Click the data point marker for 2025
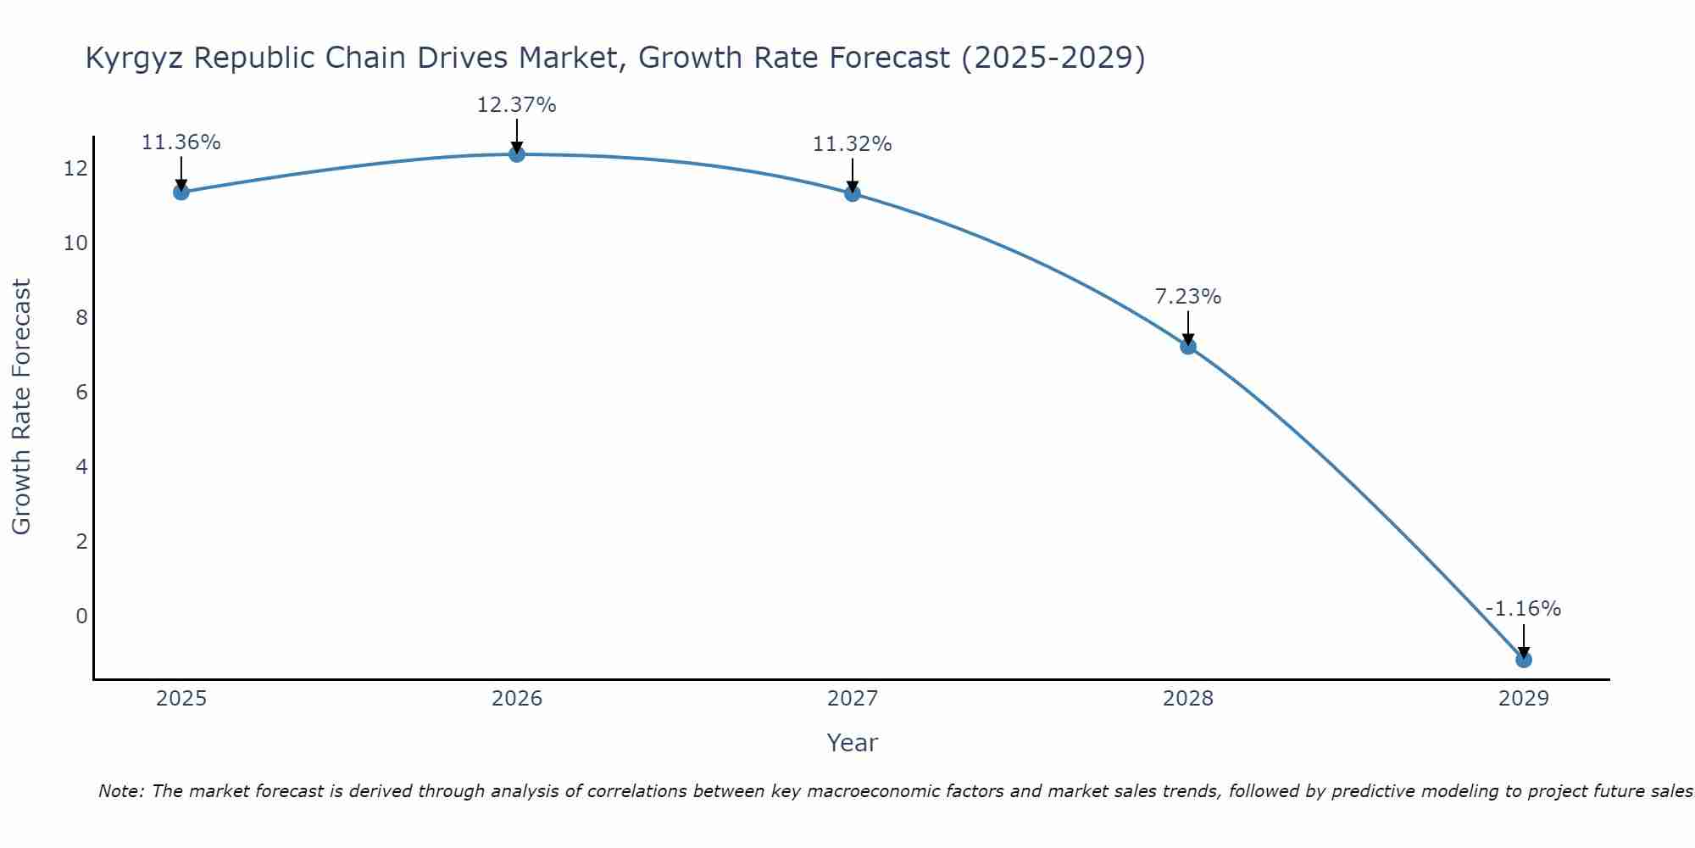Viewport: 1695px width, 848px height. click(x=181, y=192)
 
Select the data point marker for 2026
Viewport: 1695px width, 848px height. click(x=516, y=153)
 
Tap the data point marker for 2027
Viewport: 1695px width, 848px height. click(x=852, y=193)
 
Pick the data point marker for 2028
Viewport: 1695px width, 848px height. click(x=1187, y=346)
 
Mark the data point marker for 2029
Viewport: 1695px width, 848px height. click(x=1523, y=659)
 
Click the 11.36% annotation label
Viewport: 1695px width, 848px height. click(x=181, y=142)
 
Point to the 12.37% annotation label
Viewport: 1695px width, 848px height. click(x=516, y=105)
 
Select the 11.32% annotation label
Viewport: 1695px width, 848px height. click(x=852, y=144)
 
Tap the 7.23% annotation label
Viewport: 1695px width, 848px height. click(x=1187, y=297)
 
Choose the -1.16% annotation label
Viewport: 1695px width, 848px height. click(x=1523, y=609)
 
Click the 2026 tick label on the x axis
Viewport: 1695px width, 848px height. click(x=517, y=699)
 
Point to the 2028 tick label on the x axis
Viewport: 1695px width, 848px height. click(x=1187, y=699)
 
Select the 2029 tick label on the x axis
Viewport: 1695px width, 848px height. click(x=1523, y=699)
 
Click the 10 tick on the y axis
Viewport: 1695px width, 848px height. click(x=75, y=243)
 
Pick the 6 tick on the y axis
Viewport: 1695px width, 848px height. click(x=81, y=393)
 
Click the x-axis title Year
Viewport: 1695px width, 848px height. click(x=852, y=743)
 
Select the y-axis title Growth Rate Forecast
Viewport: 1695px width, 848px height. click(x=21, y=407)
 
